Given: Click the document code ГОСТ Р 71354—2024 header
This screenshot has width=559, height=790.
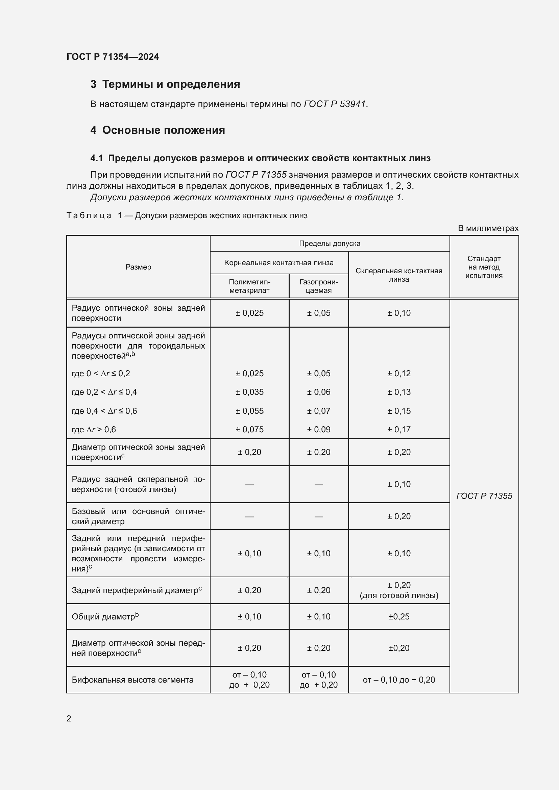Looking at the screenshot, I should coord(113,57).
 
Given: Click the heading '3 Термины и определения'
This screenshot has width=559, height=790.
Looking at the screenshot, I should coord(165,84).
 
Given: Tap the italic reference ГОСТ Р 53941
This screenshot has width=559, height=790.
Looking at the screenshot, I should coord(335,104).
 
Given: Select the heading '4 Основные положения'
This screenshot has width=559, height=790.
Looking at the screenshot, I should coord(157,130).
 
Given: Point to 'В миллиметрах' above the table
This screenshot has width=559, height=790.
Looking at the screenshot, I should coord(488,228).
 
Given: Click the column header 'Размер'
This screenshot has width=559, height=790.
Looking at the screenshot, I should coord(138,267).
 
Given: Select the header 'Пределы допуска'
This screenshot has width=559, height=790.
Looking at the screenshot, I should coord(330,244).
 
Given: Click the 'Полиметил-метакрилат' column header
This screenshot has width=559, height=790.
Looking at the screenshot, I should coord(249,286).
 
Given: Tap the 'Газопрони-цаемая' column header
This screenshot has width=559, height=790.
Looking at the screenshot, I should coord(318,286).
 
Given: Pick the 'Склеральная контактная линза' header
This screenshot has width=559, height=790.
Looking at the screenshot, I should coord(398,275).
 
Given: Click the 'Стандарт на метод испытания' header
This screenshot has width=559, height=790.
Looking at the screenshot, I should coord(484,267).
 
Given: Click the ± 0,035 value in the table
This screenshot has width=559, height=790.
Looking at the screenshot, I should coord(249,392).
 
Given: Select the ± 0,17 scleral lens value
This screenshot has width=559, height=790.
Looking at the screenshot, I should coord(398,429).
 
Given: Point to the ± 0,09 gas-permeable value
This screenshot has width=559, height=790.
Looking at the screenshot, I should coord(318,429).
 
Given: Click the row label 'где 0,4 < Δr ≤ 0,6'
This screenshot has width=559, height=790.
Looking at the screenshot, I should coord(104,411).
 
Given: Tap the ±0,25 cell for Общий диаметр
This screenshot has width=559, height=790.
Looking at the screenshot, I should coord(398,617).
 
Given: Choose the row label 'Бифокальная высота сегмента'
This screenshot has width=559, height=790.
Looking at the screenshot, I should coord(132,680).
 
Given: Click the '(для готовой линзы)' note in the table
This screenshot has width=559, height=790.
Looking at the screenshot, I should coord(398,595).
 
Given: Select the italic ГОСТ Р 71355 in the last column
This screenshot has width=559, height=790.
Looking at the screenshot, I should coord(484,496).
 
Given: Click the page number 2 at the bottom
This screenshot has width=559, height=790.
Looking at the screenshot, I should coord(69,718).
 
